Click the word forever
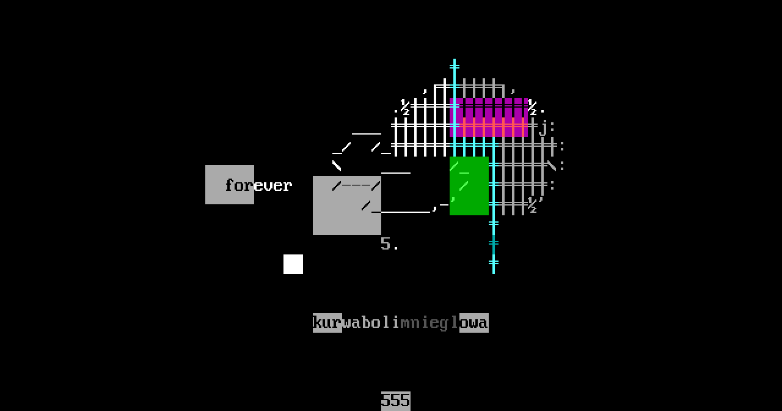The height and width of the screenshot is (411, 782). [258, 185]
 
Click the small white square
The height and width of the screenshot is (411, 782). [293, 264]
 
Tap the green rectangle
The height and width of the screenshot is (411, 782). [469, 186]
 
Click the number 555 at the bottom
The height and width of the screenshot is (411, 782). [396, 401]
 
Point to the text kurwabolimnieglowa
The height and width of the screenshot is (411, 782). [401, 322]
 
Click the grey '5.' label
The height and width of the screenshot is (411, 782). [389, 244]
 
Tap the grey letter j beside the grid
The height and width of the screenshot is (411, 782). [543, 128]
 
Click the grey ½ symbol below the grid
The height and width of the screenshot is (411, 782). [532, 205]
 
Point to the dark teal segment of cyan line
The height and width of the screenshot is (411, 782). [494, 244]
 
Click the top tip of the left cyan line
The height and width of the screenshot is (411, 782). [455, 61]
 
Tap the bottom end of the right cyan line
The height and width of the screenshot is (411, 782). [494, 272]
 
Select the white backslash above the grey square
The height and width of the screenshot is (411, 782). [337, 166]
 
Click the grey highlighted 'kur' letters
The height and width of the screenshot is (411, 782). [327, 322]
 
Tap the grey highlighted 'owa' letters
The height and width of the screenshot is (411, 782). [474, 322]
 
